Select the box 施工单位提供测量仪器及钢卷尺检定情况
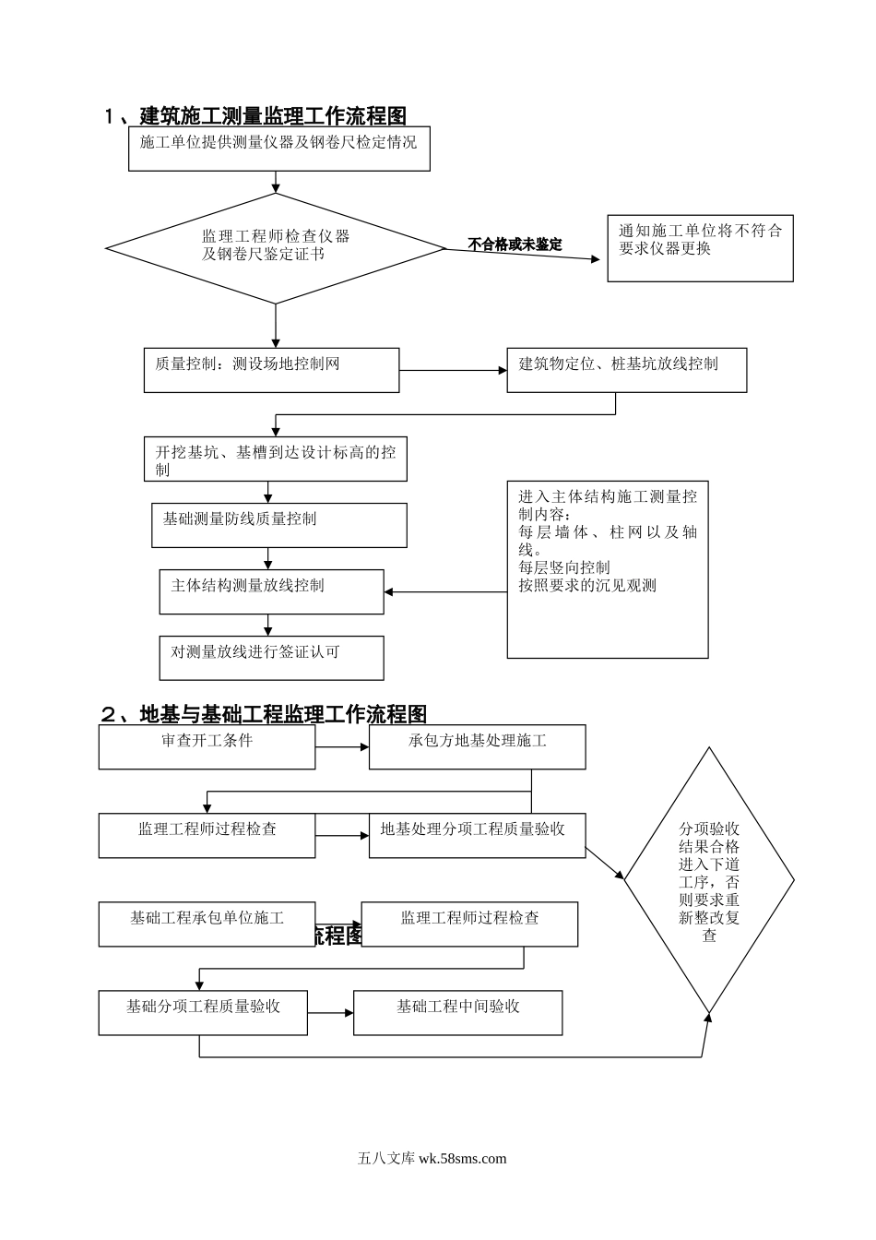tap(278, 149)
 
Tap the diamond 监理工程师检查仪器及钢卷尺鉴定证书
tap(276, 247)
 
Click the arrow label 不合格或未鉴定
tap(515, 245)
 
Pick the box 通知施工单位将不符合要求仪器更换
tap(700, 248)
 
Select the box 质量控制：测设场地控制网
tap(271, 370)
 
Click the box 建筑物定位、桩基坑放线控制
tap(626, 370)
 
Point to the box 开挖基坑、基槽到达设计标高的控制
tap(275, 459)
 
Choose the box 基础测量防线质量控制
tap(278, 525)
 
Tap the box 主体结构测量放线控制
tap(271, 591)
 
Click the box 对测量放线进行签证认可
tap(271, 658)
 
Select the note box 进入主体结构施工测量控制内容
tap(607, 569)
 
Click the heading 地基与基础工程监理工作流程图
tap(264, 714)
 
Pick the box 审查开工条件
tap(207, 746)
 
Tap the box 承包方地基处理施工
tap(477, 746)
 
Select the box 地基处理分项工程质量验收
tap(477, 835)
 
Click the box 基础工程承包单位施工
tap(207, 924)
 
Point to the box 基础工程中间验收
tap(457, 1012)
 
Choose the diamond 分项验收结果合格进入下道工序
tap(709, 881)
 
